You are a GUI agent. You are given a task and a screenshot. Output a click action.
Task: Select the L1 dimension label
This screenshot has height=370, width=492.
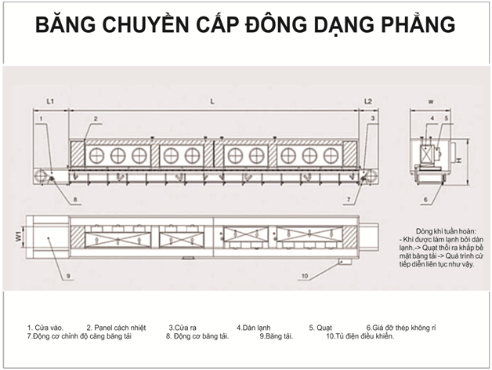click(49, 102)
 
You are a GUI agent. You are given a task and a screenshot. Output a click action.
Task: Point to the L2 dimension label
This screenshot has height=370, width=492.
click(368, 102)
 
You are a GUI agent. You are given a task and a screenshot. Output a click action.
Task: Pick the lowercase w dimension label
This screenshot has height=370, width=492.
click(431, 102)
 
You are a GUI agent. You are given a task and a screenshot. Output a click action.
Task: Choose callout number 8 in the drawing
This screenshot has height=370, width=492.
click(76, 201)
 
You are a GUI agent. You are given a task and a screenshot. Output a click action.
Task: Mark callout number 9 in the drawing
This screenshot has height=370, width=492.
click(69, 276)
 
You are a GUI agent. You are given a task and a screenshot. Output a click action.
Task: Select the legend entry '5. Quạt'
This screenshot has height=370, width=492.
click(322, 327)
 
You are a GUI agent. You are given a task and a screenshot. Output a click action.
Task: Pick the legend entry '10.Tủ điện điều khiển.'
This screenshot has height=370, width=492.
click(360, 336)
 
